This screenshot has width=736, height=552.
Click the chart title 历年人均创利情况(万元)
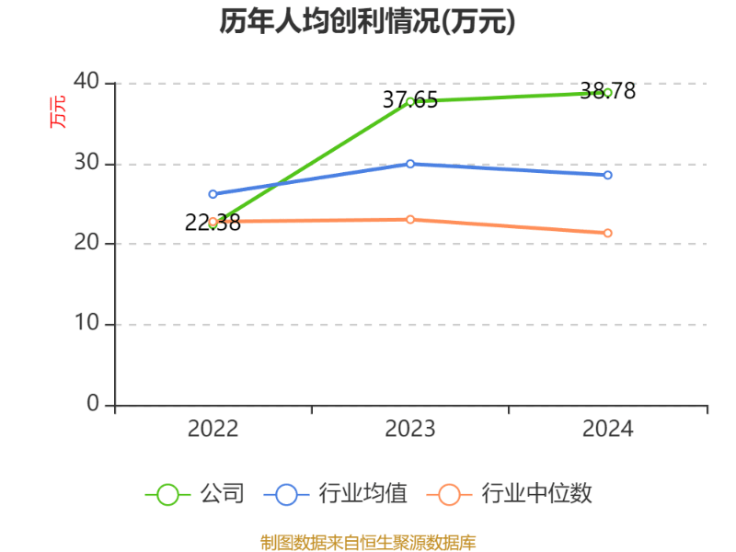(x=367, y=21)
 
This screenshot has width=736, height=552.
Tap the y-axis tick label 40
(x=86, y=82)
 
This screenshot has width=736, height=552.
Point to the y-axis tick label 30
(x=86, y=163)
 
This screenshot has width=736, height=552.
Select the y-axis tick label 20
(x=86, y=244)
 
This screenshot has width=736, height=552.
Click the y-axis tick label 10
(x=86, y=325)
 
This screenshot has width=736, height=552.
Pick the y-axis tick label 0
(x=94, y=404)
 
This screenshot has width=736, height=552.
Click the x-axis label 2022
(x=213, y=430)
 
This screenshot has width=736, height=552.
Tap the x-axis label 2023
(x=410, y=430)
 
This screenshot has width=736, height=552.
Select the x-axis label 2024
(x=607, y=430)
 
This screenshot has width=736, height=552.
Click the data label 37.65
(x=410, y=99)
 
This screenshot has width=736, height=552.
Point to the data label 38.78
(x=607, y=91)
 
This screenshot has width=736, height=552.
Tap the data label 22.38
(x=213, y=223)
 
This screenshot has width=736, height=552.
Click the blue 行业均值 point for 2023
(x=410, y=164)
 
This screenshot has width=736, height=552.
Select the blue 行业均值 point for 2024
(x=607, y=175)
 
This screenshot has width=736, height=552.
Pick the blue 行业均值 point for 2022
(x=213, y=194)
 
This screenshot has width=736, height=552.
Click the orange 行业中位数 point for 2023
(x=410, y=219)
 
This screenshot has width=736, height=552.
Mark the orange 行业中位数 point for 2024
(x=607, y=233)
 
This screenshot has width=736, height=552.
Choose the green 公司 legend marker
(x=167, y=494)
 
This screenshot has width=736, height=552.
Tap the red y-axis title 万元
(x=57, y=111)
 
